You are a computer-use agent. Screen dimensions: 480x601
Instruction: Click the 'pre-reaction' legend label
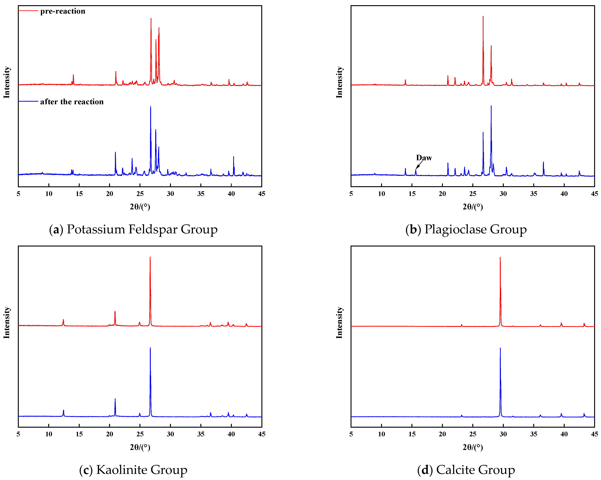pyautogui.click(x=63, y=11)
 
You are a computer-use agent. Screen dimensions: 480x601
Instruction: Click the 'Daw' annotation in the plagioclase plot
pyautogui.click(x=424, y=158)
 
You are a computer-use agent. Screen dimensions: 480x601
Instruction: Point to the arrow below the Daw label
pyautogui.click(x=419, y=165)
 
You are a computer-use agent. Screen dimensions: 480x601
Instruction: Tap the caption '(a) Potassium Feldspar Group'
pyautogui.click(x=133, y=229)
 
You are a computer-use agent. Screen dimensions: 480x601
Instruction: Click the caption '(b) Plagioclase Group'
pyautogui.click(x=466, y=229)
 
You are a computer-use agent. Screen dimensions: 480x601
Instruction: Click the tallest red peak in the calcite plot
pyautogui.click(x=500, y=258)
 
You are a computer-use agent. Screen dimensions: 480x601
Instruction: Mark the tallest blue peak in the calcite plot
pyautogui.click(x=500, y=348)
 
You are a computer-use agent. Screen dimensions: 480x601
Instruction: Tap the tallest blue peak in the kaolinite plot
pyautogui.click(x=150, y=348)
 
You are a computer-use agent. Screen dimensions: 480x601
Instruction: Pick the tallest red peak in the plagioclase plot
pyautogui.click(x=483, y=17)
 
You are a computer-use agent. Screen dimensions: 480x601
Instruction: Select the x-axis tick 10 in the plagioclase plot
pyautogui.click(x=381, y=194)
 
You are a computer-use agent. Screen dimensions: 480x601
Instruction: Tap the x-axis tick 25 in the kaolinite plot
pyautogui.click(x=140, y=434)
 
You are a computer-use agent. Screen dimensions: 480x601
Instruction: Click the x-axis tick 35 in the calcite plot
pyautogui.click(x=534, y=434)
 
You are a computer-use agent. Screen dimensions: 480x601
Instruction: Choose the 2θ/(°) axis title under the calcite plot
pyautogui.click(x=473, y=447)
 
